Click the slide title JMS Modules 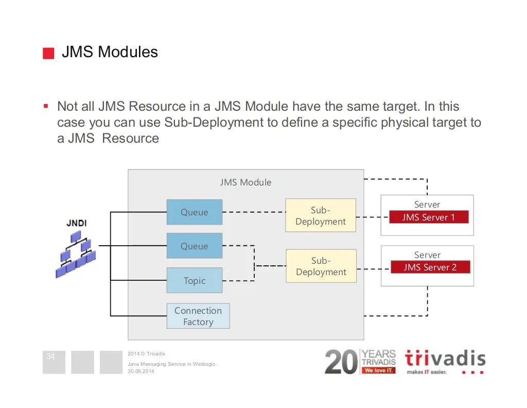tap(110, 52)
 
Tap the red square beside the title tap(48, 54)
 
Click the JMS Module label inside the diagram tap(245, 182)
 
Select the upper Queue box tap(195, 212)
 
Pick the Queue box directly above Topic tap(195, 246)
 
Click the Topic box tap(195, 281)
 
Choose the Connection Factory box tap(198, 316)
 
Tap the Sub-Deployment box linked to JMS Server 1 tap(321, 216)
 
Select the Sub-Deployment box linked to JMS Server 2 tap(321, 266)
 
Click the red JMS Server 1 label tap(429, 217)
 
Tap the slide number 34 tap(50, 356)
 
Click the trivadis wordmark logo tap(445, 359)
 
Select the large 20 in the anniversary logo tap(341, 362)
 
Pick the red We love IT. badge tap(378, 370)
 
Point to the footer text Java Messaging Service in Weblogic tap(171, 364)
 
